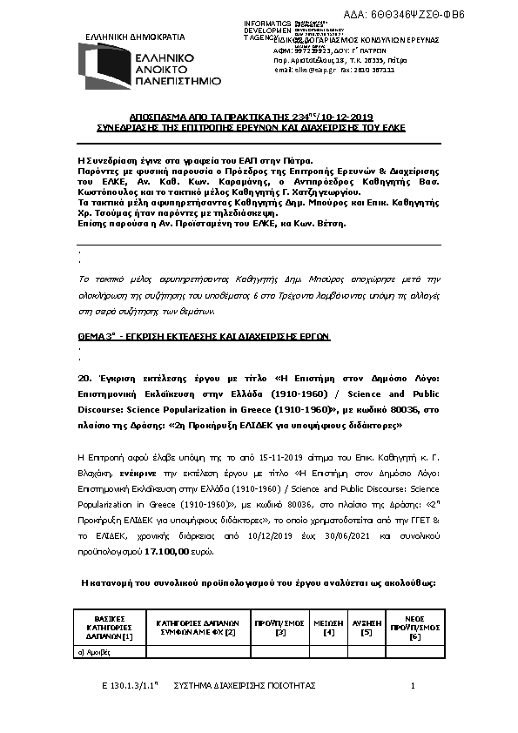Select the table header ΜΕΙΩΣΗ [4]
[x=328, y=627]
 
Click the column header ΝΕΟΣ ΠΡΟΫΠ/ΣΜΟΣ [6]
[x=415, y=627]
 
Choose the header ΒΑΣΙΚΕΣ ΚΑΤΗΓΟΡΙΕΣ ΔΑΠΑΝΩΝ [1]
[x=110, y=627]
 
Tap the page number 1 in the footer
[x=413, y=687]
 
